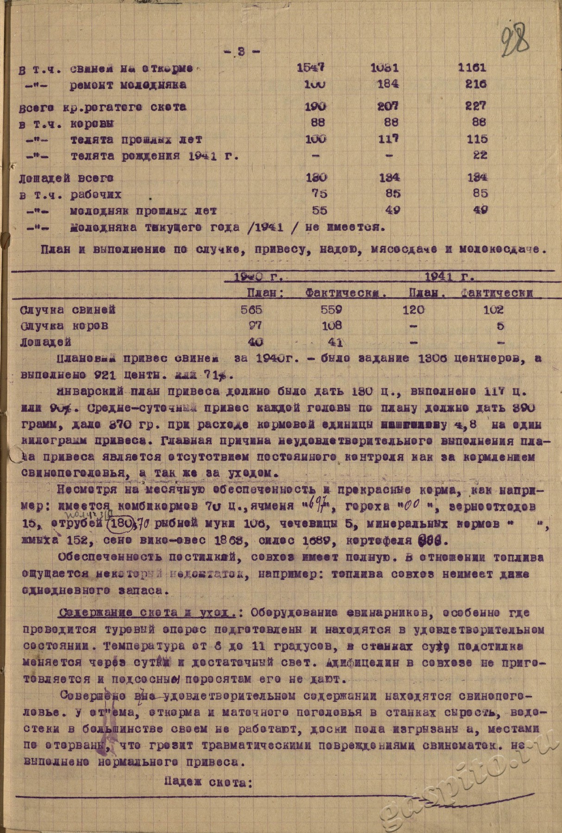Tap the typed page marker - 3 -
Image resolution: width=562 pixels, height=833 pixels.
coord(242,52)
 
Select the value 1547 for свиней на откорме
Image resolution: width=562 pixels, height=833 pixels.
coord(311,68)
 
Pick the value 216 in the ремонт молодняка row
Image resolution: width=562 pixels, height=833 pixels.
coord(475,84)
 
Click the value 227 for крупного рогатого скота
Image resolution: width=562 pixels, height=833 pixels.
coord(475,106)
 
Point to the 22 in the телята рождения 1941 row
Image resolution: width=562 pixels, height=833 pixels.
coord(480,155)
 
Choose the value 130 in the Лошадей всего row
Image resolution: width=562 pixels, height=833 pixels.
coord(316,177)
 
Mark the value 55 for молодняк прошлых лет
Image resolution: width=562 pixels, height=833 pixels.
coord(319,211)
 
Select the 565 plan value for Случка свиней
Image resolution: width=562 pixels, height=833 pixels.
coord(251,310)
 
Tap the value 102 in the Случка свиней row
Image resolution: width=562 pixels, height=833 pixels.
coord(493,310)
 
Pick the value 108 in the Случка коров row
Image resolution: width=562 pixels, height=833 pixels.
coord(331,326)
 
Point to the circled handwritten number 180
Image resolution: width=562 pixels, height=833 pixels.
coord(119,523)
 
